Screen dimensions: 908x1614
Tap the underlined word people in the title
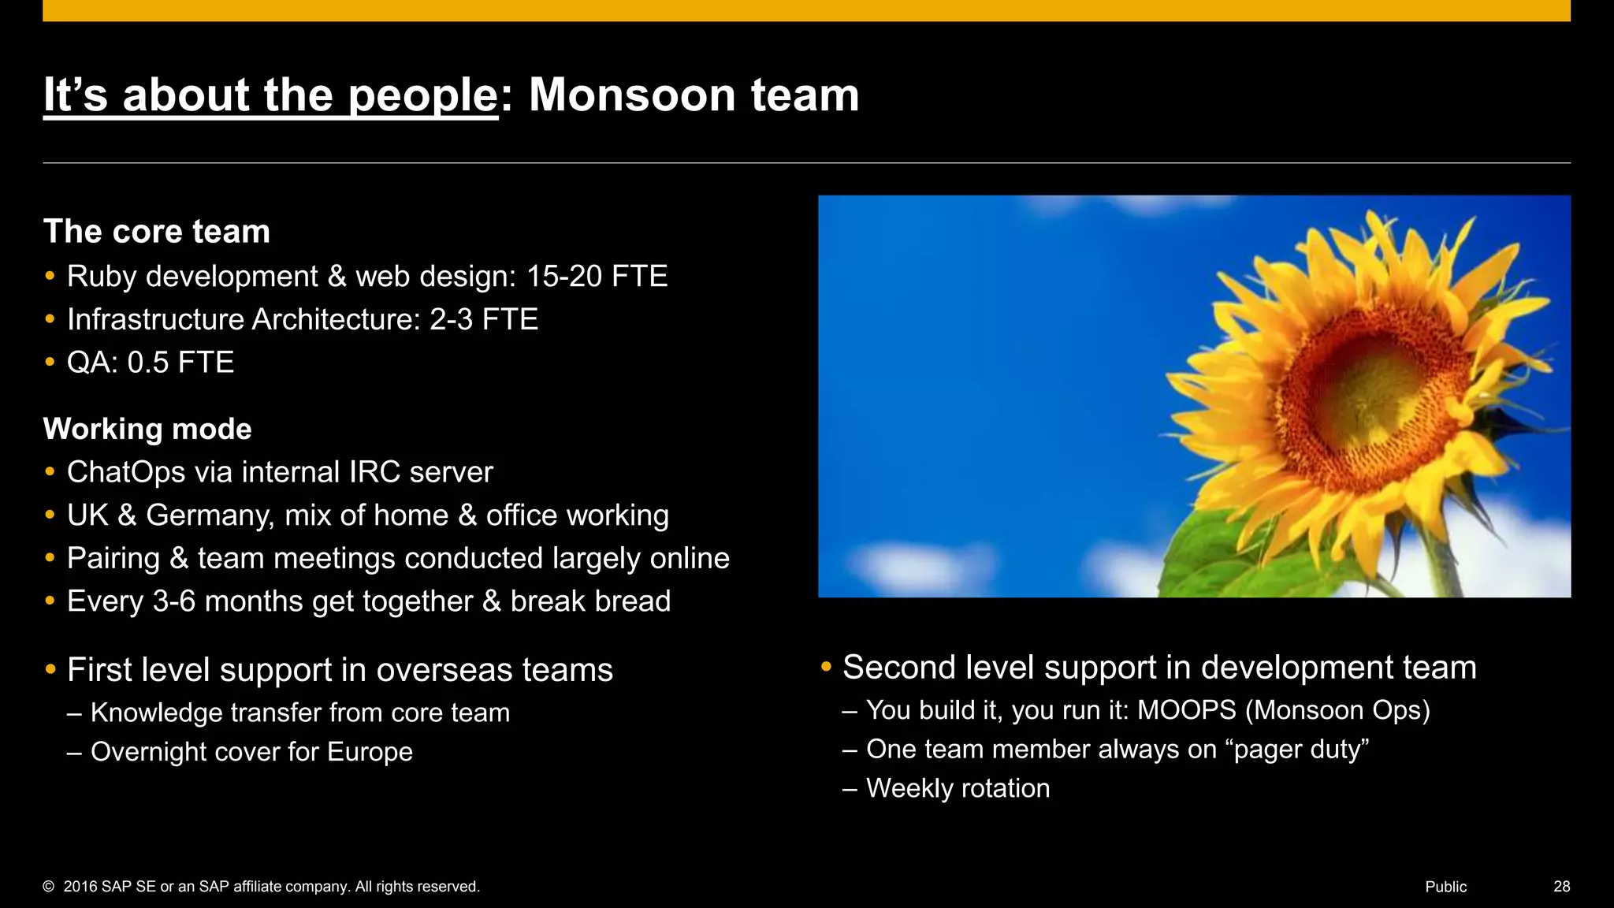422,97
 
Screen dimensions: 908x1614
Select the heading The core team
157,232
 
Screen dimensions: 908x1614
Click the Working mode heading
147,429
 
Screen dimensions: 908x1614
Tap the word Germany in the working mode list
210,515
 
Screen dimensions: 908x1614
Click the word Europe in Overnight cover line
370,752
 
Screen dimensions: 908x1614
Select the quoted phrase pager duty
1297,750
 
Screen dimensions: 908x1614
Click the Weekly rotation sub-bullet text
958,788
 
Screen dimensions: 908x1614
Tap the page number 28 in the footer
1561,887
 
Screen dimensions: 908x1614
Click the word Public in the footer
1445,887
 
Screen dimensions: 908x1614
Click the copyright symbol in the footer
49,887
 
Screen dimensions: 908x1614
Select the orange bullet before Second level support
826,667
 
